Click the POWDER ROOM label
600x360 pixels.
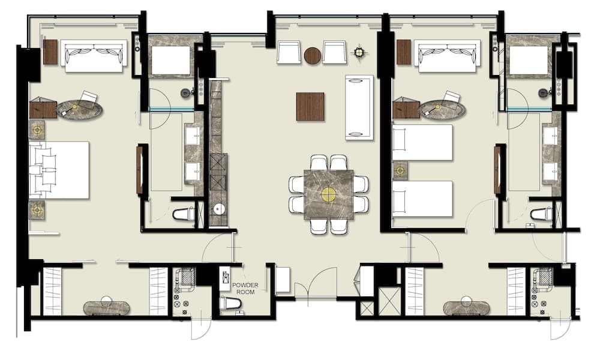tap(245, 289)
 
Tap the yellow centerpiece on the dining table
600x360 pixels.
tap(329, 194)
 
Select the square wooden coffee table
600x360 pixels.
tap(310, 107)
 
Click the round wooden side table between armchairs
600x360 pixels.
tap(312, 55)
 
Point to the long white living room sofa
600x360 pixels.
tap(359, 108)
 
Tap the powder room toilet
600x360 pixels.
tap(231, 302)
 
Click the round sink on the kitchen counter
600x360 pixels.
tap(219, 209)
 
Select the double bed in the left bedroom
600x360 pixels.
tap(59, 170)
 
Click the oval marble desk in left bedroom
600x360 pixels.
tap(80, 109)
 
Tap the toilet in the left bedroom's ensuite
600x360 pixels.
tap(184, 214)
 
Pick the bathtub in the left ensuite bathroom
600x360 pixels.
tap(171, 61)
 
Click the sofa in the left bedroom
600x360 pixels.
tap(95, 56)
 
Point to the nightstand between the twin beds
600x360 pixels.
tap(401, 170)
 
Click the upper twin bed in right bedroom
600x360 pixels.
tap(422, 142)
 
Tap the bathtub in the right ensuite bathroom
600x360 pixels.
tap(529, 61)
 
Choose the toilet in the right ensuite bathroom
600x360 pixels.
tap(542, 214)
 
